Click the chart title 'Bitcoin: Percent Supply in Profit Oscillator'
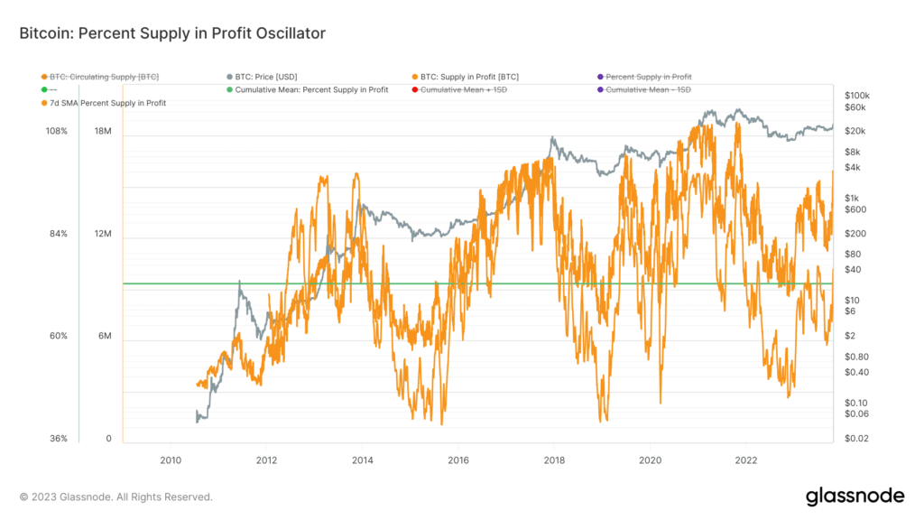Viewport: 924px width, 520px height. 171,33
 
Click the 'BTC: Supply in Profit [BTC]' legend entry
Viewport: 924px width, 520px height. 469,78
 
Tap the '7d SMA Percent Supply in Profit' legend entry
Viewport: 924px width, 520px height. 107,103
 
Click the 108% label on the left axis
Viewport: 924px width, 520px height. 57,132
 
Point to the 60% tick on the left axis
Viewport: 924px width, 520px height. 58,337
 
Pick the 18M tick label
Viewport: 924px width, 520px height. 103,132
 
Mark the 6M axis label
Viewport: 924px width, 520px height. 104,337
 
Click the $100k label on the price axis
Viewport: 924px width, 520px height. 856,96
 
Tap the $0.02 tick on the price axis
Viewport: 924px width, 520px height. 856,439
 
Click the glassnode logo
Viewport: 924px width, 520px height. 854,496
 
